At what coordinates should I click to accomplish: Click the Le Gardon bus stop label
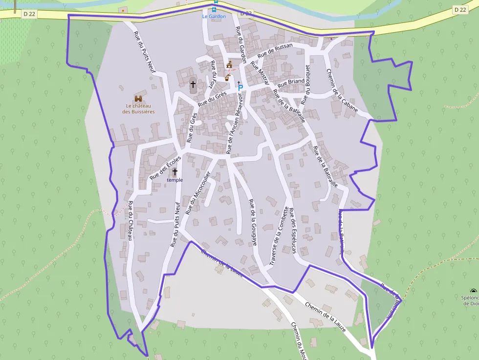(214, 16)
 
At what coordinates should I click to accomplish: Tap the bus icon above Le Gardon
(214, 9)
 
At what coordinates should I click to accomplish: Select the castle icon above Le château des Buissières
(138, 98)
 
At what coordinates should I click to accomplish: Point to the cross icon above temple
(174, 172)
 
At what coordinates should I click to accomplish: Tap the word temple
(174, 180)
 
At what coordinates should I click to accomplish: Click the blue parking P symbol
(240, 87)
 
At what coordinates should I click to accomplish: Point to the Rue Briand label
(292, 82)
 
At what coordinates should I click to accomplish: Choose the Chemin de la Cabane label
(341, 90)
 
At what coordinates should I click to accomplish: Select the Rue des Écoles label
(166, 168)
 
